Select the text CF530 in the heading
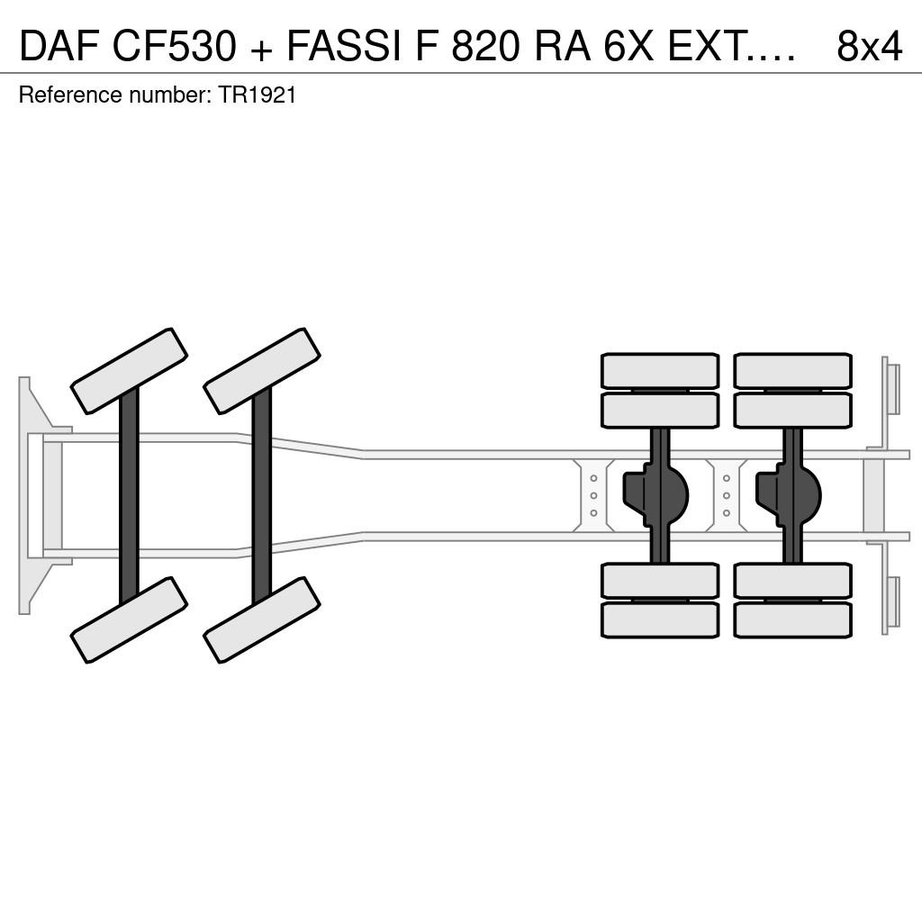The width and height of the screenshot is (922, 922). (174, 46)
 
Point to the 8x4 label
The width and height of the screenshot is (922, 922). (869, 46)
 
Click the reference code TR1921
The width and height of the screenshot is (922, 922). (257, 95)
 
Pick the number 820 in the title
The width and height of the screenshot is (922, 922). (486, 46)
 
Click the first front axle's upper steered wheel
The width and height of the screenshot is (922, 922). (129, 371)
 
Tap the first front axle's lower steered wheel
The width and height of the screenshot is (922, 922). (129, 619)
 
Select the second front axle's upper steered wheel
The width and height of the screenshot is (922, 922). (262, 371)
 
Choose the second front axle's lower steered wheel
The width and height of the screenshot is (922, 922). (262, 619)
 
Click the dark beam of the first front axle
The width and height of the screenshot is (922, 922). (129, 496)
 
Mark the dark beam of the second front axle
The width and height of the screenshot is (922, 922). (262, 496)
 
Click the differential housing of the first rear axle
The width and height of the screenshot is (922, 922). (656, 495)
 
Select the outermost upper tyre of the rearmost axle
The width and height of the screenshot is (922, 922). (792, 371)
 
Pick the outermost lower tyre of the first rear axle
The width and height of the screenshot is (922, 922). (660, 620)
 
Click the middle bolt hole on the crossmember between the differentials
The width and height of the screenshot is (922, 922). (727, 496)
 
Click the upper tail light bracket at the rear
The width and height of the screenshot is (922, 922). (891, 388)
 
